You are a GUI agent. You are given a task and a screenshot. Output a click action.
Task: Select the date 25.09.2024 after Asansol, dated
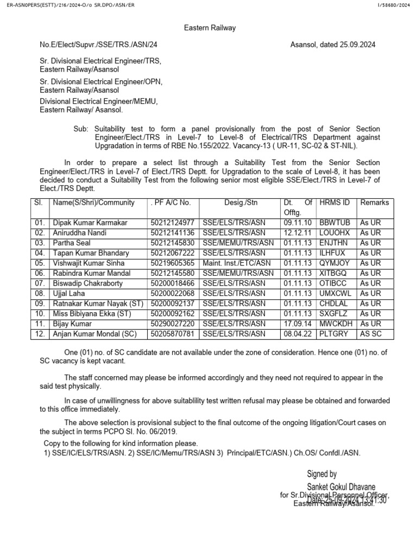click(x=357, y=45)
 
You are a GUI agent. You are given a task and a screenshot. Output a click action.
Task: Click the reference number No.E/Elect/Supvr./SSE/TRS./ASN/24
click(x=99, y=45)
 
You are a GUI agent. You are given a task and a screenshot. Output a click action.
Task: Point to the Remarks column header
click(x=375, y=203)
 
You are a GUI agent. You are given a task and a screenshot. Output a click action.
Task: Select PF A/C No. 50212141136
click(x=172, y=233)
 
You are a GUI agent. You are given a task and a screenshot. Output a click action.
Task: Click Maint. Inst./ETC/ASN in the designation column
click(x=236, y=263)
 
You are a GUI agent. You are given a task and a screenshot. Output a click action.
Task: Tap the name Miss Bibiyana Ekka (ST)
click(x=91, y=313)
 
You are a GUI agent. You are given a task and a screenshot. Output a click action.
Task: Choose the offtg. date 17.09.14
click(x=298, y=324)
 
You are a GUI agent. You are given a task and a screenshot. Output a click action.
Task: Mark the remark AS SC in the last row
click(x=371, y=333)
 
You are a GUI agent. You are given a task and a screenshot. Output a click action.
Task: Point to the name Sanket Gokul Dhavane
click(x=341, y=486)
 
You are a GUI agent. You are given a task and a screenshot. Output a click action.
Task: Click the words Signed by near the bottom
click(x=322, y=474)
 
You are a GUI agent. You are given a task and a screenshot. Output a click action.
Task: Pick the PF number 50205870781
click(x=172, y=333)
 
